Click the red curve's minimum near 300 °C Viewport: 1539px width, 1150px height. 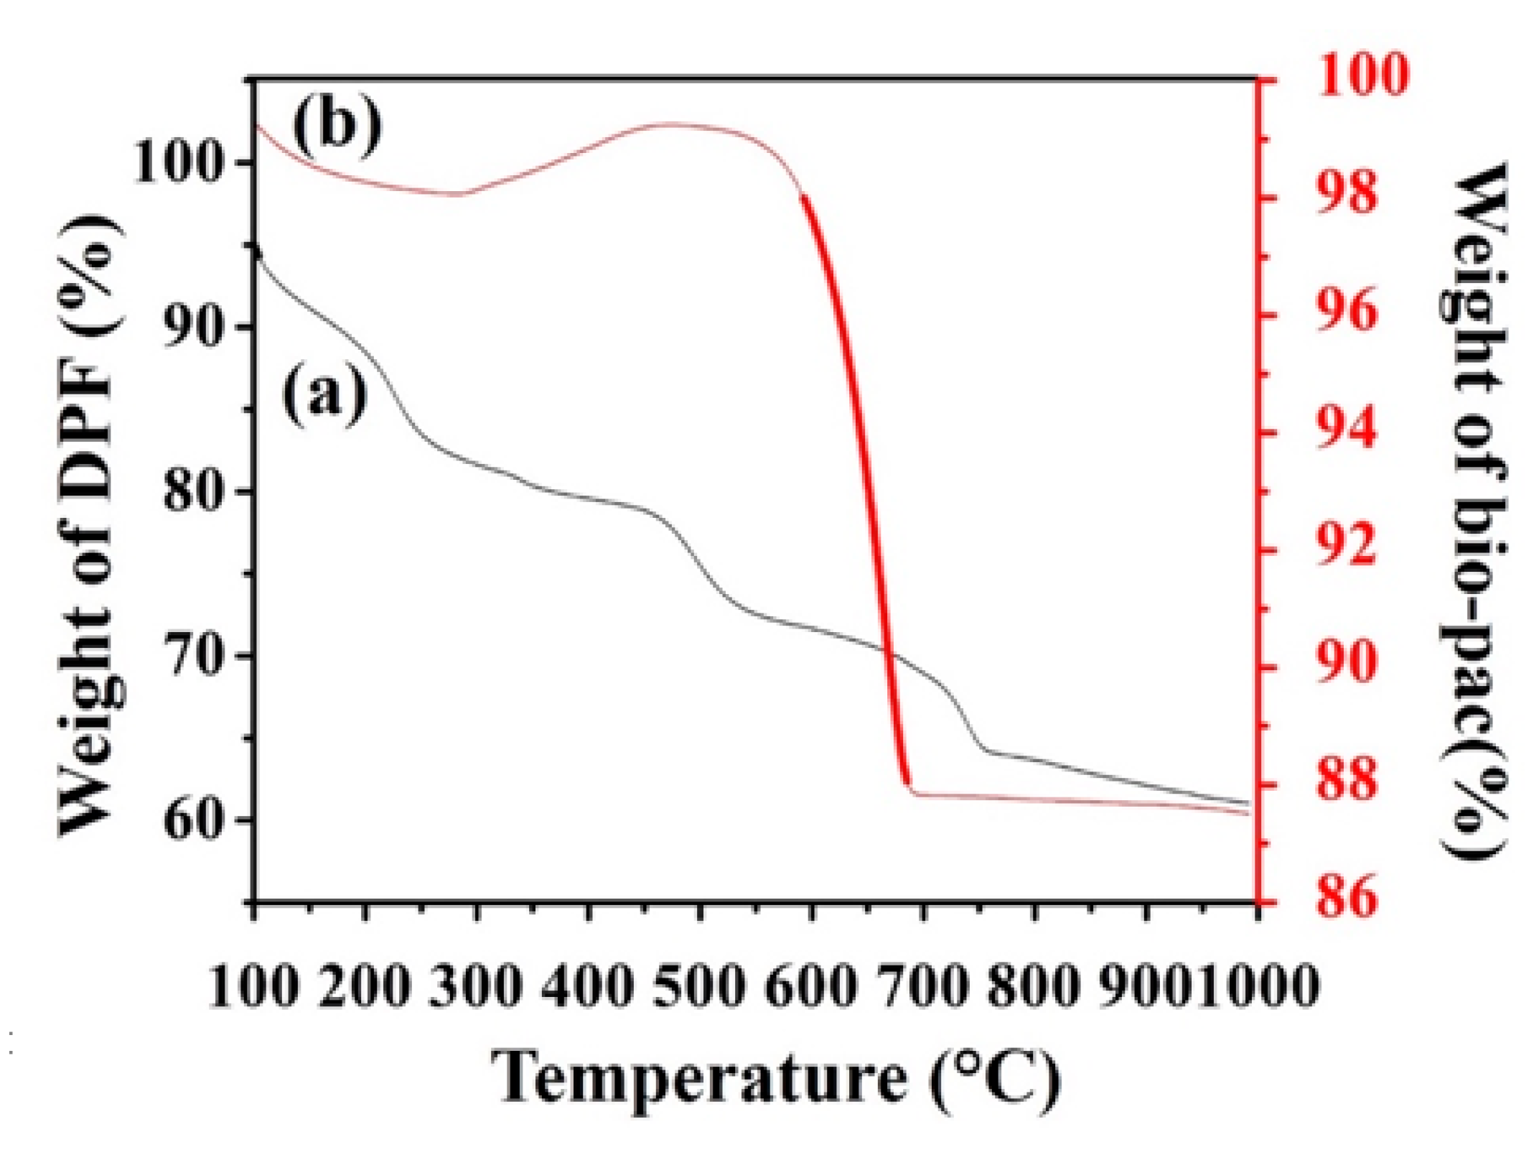click(x=459, y=195)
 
